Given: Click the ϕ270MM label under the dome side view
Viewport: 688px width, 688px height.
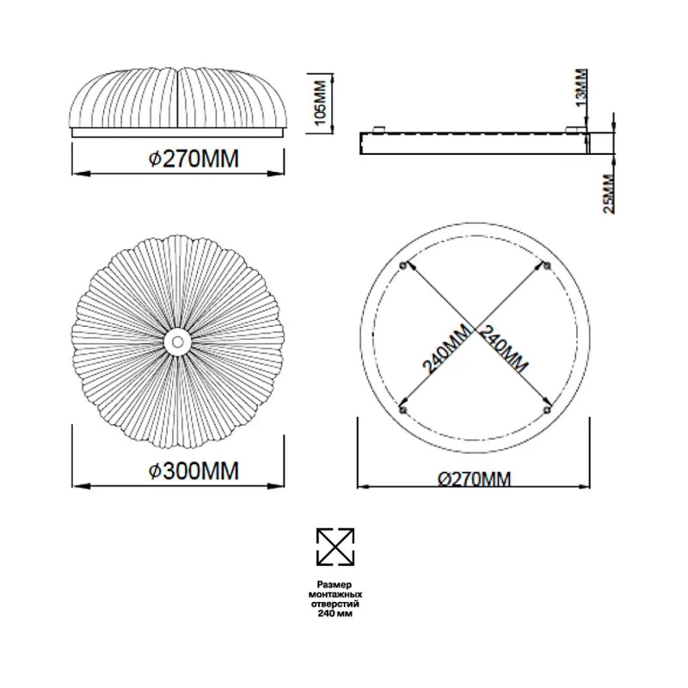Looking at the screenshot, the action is click(x=193, y=158).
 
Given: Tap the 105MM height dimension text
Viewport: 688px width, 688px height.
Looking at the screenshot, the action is click(x=321, y=102).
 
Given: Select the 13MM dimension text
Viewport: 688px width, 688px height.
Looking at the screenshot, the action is click(x=581, y=88).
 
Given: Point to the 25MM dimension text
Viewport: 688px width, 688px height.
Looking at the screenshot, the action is click(x=609, y=194).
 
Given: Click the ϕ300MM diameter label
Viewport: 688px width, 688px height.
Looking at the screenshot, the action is click(x=193, y=470).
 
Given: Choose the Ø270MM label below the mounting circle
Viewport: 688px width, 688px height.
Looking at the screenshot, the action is click(x=475, y=479).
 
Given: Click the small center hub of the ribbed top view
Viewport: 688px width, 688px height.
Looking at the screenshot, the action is click(x=178, y=341).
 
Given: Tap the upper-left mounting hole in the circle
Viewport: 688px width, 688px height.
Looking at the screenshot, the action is click(x=403, y=266).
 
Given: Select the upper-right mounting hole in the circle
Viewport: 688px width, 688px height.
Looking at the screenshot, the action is click(x=547, y=266).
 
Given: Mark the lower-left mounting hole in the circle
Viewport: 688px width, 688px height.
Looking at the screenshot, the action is click(x=403, y=410).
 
